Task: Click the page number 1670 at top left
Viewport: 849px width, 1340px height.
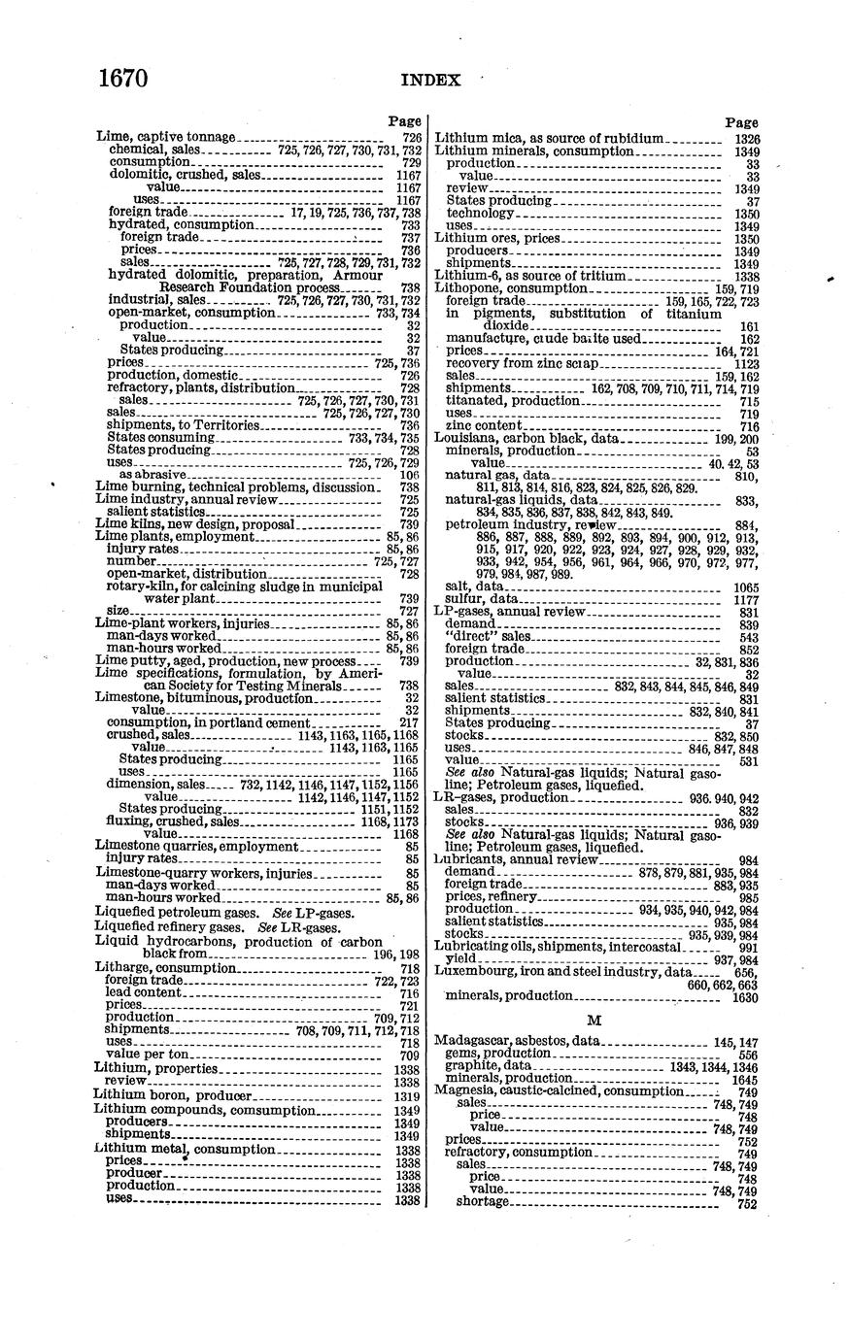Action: click(123, 78)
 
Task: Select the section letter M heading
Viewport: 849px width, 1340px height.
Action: click(595, 1019)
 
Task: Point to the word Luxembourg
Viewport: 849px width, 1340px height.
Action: click(472, 970)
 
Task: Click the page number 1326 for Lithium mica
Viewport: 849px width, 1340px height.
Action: click(746, 139)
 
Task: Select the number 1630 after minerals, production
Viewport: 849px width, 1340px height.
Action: click(744, 995)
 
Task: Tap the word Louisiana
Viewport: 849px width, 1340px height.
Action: click(466, 438)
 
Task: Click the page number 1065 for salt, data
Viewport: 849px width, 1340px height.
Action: click(745, 587)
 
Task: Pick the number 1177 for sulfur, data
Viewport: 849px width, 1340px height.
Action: click(745, 600)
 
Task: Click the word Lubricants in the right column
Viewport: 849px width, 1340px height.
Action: click(467, 859)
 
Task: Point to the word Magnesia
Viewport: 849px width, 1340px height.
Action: click(464, 1089)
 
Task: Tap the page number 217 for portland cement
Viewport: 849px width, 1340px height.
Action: click(410, 722)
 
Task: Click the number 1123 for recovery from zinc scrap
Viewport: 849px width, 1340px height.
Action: click(745, 363)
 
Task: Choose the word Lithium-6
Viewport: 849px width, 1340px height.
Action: click(464, 276)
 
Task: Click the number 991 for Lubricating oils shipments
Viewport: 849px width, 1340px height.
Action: click(748, 947)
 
